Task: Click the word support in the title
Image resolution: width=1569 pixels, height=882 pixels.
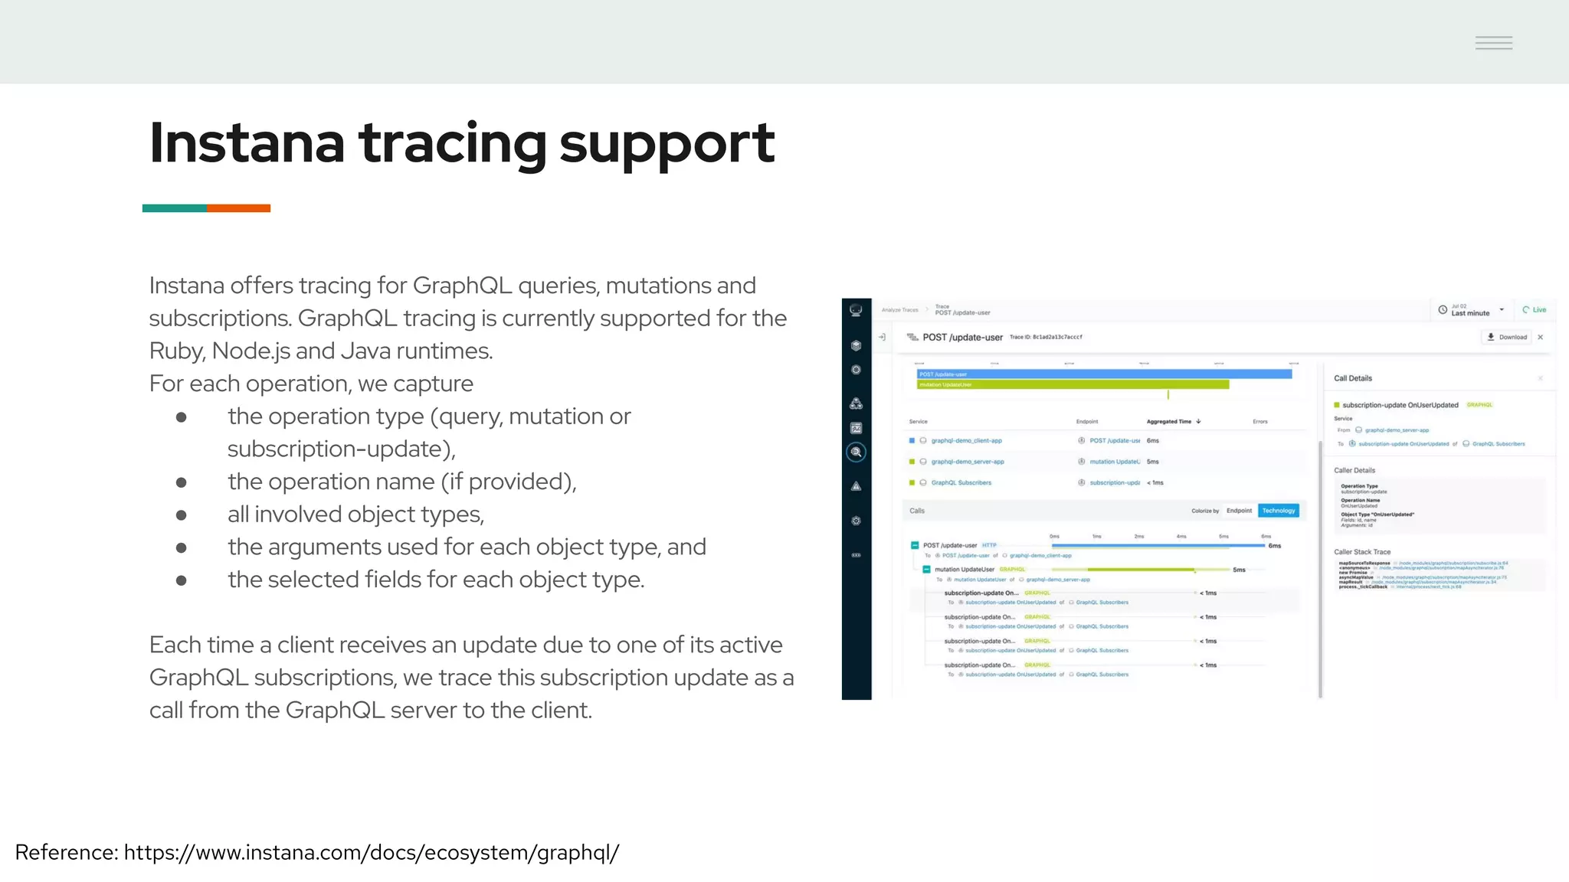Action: point(667,143)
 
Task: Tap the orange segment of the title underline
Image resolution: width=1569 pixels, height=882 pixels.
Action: point(238,208)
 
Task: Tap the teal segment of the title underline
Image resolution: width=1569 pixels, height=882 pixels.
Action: point(174,208)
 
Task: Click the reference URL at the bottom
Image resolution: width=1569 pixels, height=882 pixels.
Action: point(371,852)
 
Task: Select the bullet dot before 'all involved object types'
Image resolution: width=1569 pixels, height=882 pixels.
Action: point(182,515)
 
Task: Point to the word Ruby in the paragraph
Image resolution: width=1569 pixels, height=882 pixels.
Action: point(176,351)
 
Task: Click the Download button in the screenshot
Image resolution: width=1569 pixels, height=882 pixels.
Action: point(1507,337)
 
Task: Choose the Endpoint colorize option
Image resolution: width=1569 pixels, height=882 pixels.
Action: point(1239,511)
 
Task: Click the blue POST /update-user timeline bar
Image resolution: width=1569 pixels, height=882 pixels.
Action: point(1103,374)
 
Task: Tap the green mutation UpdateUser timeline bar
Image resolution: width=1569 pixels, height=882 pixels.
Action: point(1073,384)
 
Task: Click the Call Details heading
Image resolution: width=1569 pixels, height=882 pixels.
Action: point(1353,378)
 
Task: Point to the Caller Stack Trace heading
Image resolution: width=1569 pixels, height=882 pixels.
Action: point(1362,552)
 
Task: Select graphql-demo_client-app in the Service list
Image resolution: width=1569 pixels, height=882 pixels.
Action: point(966,441)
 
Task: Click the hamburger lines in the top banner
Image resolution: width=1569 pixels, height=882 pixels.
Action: point(1494,43)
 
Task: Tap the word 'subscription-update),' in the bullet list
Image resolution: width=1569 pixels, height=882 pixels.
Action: point(341,449)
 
